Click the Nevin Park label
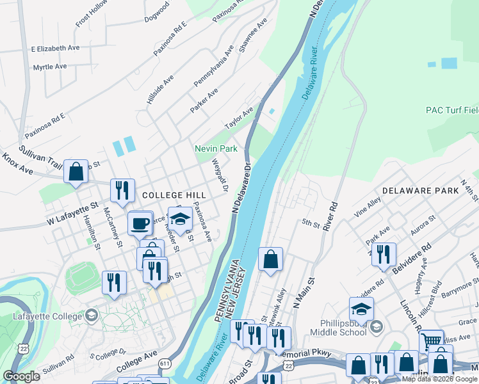coord(216,148)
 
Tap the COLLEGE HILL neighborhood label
coord(174,195)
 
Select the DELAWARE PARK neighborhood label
coord(420,191)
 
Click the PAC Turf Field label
coord(451,110)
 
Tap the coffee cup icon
coord(140,223)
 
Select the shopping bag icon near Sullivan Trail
coord(76,171)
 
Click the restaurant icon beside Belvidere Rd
coord(383,253)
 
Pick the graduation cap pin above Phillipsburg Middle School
coord(361,308)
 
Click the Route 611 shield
coord(166,362)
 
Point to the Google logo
coord(22,376)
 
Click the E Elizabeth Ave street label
coord(55,48)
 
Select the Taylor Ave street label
coord(238,117)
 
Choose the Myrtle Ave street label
coord(50,67)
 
